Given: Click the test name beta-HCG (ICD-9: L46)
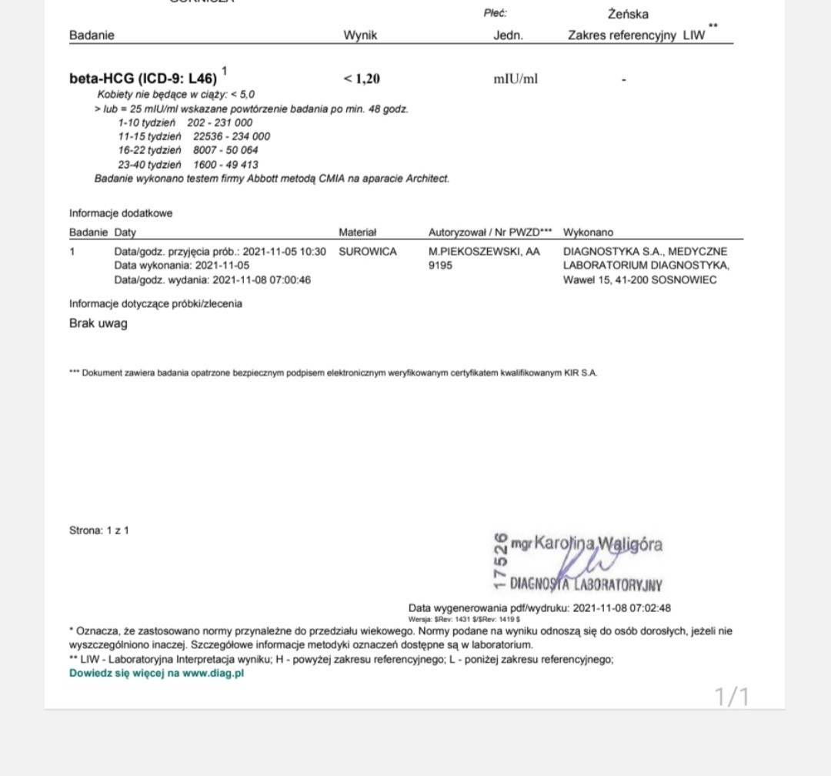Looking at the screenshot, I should pos(143,79).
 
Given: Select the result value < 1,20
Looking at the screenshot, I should pos(362,79).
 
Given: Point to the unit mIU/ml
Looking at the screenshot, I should pos(516,79).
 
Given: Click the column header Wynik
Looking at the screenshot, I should pos(360,35).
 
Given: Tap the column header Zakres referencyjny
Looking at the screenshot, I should pos(622,35).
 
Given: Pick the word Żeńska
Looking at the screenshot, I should pos(628,14).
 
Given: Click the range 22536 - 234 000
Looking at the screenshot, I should pos(232,136).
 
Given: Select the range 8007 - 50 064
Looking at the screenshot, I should pos(225,150).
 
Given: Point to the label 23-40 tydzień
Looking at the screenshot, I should pos(149,165).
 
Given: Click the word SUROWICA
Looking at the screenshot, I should pos(368,252).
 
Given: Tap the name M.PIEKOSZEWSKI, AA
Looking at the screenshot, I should pos(484,252).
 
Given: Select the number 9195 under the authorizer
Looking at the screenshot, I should pos(441,266).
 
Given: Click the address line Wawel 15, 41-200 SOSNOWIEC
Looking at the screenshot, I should pos(639,280).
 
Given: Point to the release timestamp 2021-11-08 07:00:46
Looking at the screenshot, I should pos(262,280).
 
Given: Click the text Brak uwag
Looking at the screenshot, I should pos(98,323).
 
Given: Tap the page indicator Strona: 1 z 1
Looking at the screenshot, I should pos(99,530).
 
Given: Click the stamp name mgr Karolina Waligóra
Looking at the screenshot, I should pos(586,544).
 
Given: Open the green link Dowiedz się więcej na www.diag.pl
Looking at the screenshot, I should pos(157,674).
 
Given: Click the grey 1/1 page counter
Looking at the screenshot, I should pos(732,697).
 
